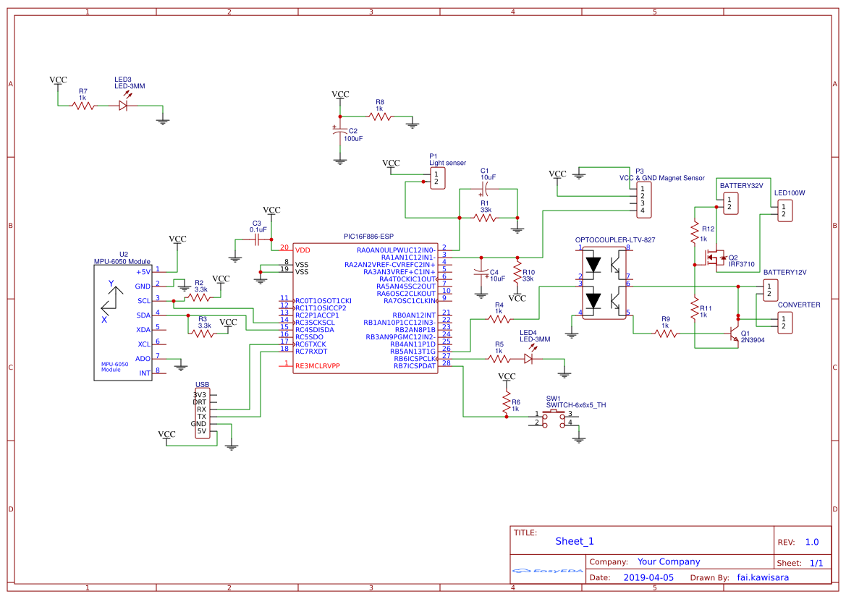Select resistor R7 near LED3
coord(83,106)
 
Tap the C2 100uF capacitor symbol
coord(340,132)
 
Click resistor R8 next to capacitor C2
coord(380,116)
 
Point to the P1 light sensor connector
coord(436,178)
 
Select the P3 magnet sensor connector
coord(641,200)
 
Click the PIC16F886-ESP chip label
coord(368,237)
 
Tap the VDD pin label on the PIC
coord(303,250)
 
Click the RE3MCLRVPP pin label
coord(317,366)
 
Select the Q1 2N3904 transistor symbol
coord(732,335)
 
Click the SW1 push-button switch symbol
coord(555,418)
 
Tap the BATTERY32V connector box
coord(729,203)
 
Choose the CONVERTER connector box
coord(784,323)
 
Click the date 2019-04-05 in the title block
coord(648,577)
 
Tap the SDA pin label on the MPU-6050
coord(143,315)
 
